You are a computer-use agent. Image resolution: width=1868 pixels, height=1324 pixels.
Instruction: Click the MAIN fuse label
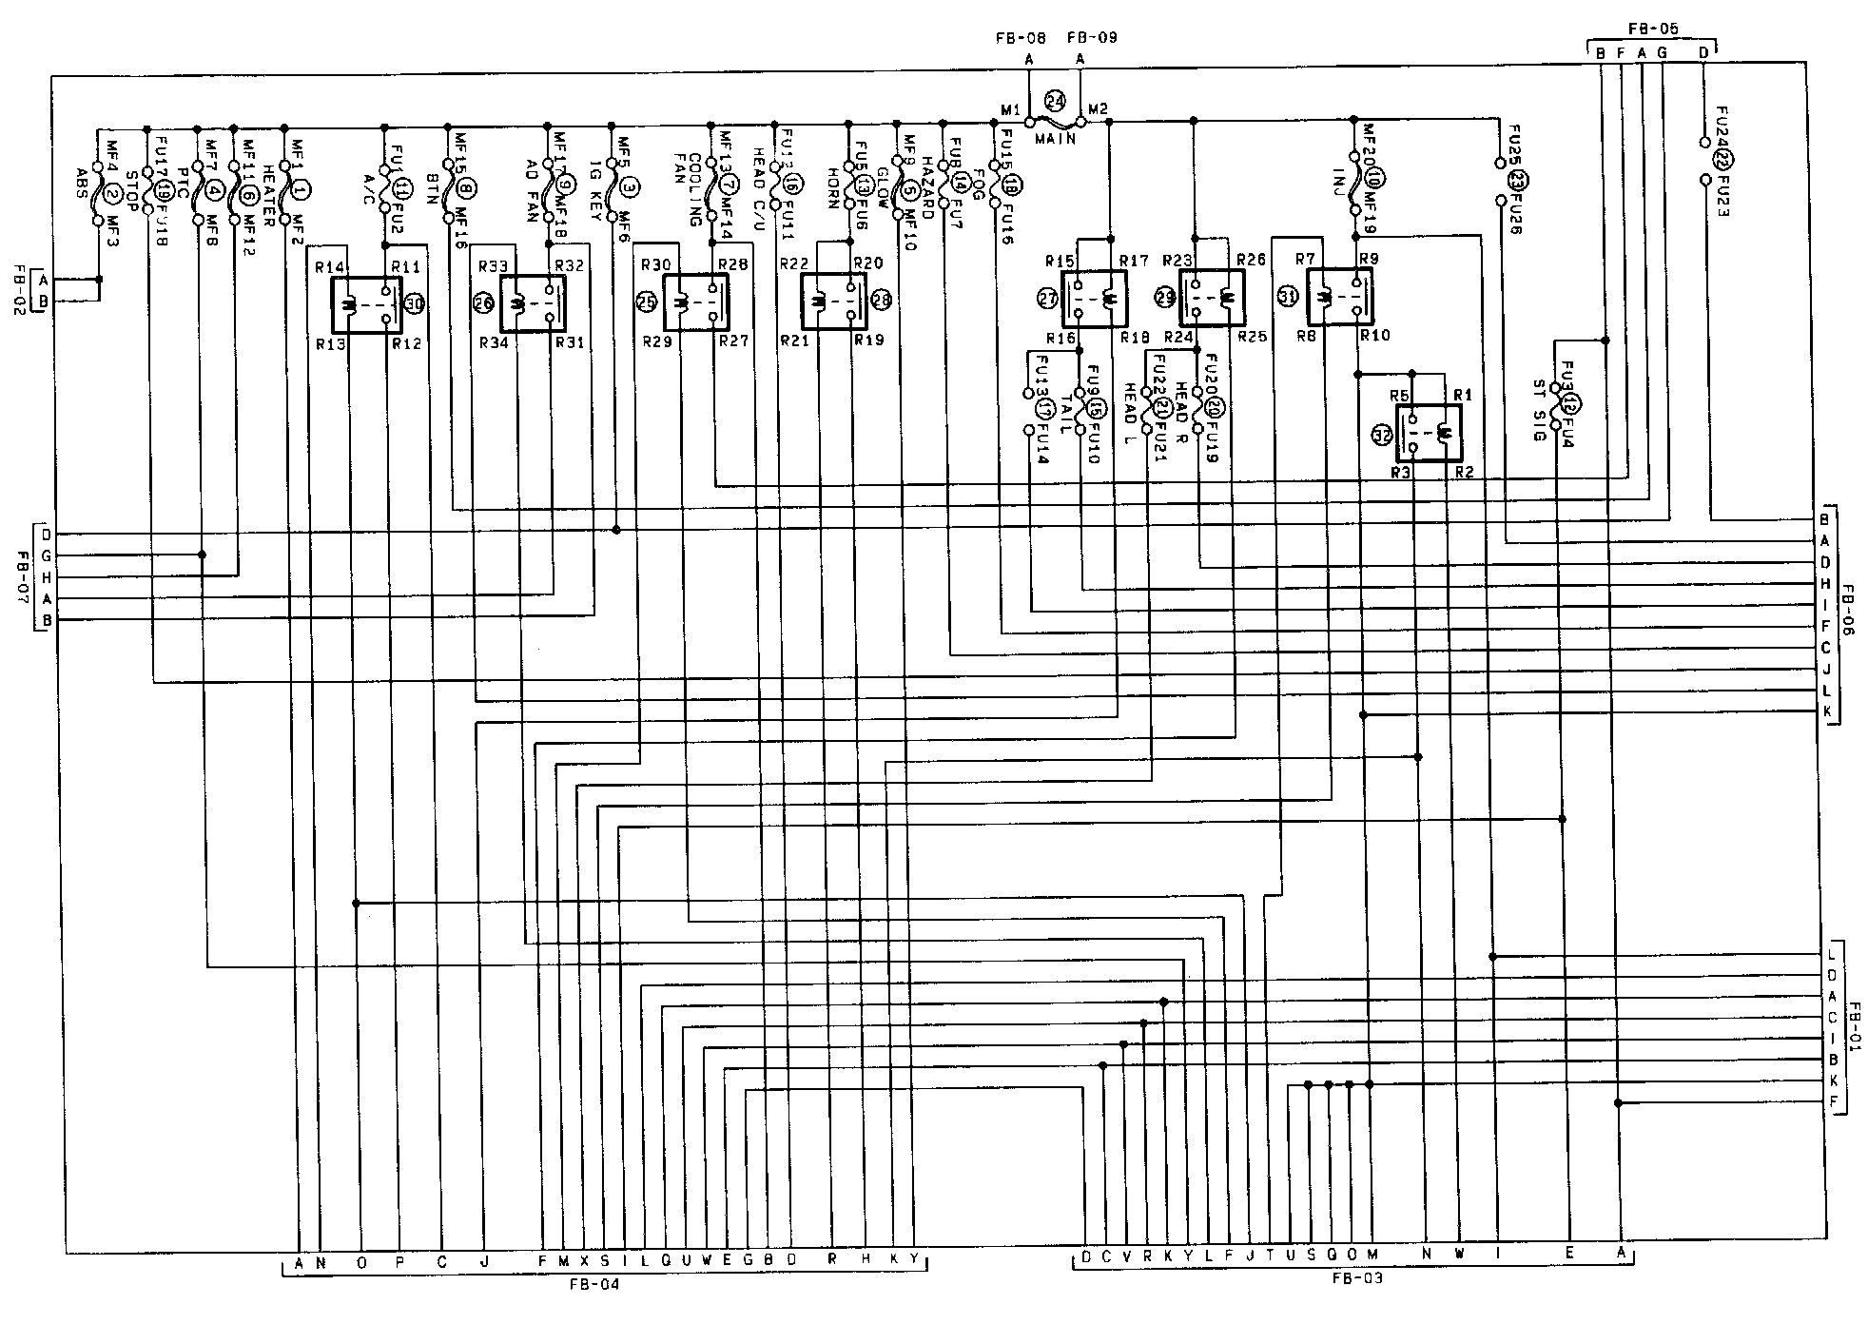coord(1055,138)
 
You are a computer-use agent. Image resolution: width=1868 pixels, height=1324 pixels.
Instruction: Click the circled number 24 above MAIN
coord(1055,102)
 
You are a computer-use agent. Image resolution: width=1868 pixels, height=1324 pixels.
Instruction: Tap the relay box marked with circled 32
coord(1429,433)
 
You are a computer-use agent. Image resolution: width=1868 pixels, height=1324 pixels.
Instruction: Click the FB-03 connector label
coord(1357,1279)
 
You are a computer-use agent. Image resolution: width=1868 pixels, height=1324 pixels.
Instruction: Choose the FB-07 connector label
coord(23,569)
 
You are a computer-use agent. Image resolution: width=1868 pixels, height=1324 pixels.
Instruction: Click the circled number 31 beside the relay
coord(1287,298)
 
